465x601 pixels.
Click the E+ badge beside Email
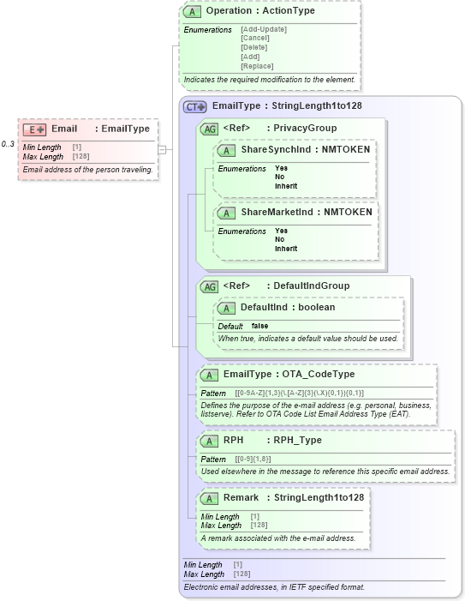34,129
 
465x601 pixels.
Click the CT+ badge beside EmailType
196,106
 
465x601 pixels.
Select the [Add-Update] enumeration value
264,29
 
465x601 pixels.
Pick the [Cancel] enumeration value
255,39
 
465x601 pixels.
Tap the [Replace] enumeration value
258,66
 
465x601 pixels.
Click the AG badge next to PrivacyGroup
209,129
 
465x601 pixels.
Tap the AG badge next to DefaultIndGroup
209,286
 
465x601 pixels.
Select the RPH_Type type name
297,440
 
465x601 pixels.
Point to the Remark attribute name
241,497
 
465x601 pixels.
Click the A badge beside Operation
194,11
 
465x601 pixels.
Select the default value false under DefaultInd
259,327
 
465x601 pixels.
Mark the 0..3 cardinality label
8,143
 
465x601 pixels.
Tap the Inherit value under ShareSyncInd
286,186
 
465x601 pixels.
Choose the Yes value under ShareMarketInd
281,231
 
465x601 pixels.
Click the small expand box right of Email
162,149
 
